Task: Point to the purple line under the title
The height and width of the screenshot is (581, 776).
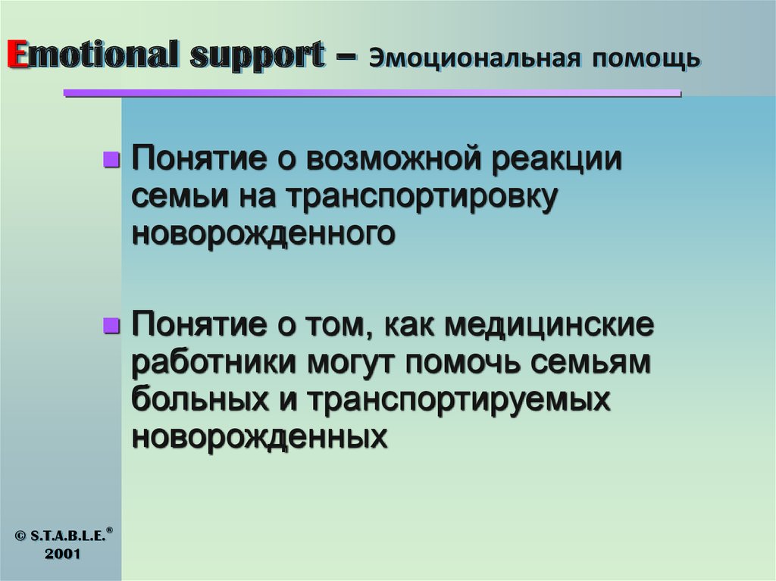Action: coord(371,93)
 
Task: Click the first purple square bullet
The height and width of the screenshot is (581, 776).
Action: coord(111,160)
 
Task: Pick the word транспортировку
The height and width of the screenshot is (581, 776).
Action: coord(423,197)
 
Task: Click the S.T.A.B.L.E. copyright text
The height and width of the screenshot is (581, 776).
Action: coord(64,535)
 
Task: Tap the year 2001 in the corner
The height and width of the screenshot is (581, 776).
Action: coord(62,554)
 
